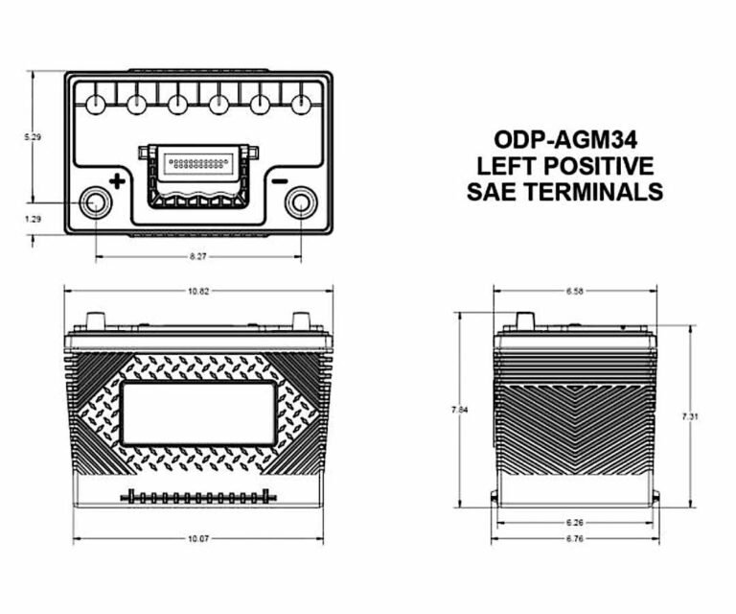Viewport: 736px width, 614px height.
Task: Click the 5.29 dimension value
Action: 33,137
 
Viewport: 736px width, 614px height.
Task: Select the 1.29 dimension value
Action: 33,219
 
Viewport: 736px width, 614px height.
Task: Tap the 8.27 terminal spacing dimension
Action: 198,256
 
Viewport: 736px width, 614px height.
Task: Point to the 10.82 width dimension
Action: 198,291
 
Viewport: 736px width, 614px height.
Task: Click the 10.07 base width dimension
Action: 198,538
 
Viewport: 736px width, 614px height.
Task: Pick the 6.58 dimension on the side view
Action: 575,291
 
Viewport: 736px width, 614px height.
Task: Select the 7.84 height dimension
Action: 460,410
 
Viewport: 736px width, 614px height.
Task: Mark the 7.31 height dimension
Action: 690,415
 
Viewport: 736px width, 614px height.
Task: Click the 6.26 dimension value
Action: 575,523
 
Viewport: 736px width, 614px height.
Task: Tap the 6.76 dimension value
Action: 575,538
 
